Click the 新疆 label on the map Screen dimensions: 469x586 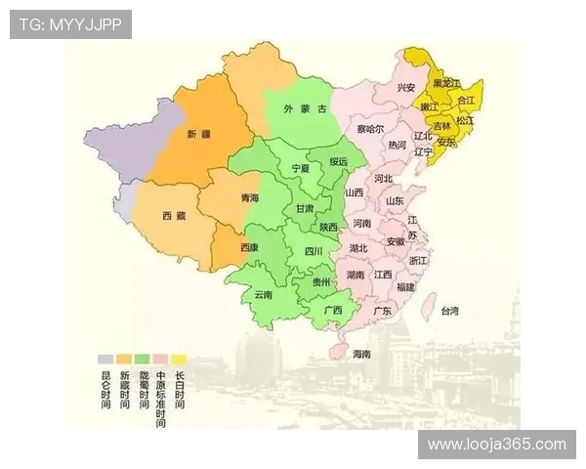click(x=198, y=133)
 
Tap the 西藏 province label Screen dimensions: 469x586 click(x=174, y=215)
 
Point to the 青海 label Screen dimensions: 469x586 click(x=250, y=198)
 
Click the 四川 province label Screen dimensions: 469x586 click(x=313, y=251)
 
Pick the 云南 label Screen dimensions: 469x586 click(x=264, y=294)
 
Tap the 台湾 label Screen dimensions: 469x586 click(x=449, y=311)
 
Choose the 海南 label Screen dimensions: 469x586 click(x=361, y=353)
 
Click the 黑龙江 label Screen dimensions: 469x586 click(x=446, y=84)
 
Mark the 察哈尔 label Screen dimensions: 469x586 click(x=370, y=129)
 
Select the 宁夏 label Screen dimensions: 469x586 click(x=301, y=168)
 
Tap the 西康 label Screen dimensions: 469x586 click(x=250, y=247)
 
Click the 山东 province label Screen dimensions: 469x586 click(x=395, y=200)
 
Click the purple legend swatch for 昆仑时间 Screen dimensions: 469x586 click(x=105, y=359)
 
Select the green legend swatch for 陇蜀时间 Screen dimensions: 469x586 click(x=142, y=359)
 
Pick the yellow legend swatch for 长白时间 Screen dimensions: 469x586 click(x=179, y=359)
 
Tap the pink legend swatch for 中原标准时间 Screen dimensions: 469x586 click(x=160, y=359)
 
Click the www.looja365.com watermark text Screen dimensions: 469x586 click(x=497, y=444)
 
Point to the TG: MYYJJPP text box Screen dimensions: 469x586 click(x=71, y=24)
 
